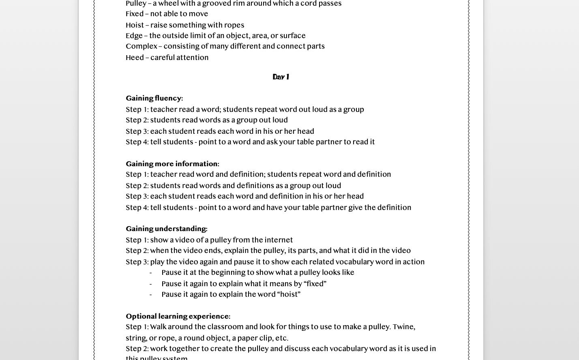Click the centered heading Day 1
tap(281, 77)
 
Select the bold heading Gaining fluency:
tap(154, 99)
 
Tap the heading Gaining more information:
tap(172, 164)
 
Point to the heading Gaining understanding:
tap(166, 229)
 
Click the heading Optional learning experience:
tap(178, 317)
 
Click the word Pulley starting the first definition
tap(136, 4)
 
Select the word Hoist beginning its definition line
tap(134, 25)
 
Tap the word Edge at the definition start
tap(134, 36)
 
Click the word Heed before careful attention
tap(134, 58)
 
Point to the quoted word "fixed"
tap(315, 284)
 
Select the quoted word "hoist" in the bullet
tap(289, 294)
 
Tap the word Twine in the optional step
tap(403, 327)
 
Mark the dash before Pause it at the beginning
tap(150, 273)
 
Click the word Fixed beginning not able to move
tap(134, 14)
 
